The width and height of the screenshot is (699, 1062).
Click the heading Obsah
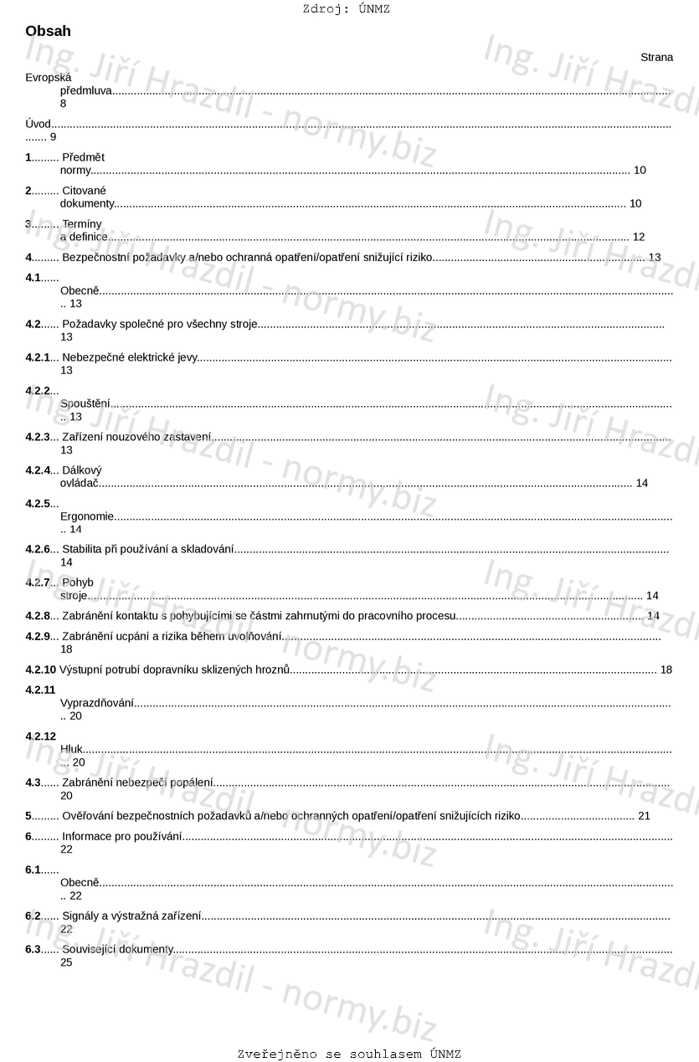(x=48, y=32)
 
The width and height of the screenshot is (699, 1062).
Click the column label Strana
(x=656, y=58)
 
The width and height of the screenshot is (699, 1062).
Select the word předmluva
(x=85, y=90)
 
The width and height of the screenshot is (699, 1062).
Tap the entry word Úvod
(x=38, y=124)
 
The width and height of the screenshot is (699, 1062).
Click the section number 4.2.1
(x=37, y=357)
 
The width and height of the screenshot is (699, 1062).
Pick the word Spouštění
(x=85, y=403)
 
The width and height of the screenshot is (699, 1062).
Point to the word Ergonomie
(x=87, y=516)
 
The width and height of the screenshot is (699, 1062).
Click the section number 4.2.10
(x=40, y=670)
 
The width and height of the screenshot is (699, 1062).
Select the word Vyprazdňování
(x=97, y=703)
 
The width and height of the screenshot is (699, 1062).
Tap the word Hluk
(x=71, y=749)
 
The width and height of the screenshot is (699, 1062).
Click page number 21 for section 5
(x=644, y=816)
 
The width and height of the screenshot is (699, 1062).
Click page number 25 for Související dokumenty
(x=66, y=962)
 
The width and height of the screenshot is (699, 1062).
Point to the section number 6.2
(x=33, y=916)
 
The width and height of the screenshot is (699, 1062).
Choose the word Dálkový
(x=82, y=470)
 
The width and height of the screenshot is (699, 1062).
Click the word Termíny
(x=82, y=224)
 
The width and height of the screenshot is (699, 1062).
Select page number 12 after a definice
(x=639, y=237)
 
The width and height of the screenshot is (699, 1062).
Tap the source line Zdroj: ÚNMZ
(x=346, y=9)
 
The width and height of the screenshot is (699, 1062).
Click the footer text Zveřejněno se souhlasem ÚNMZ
(x=349, y=1054)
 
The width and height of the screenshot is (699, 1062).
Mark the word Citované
(x=84, y=191)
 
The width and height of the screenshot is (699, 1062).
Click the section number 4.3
(x=33, y=782)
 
